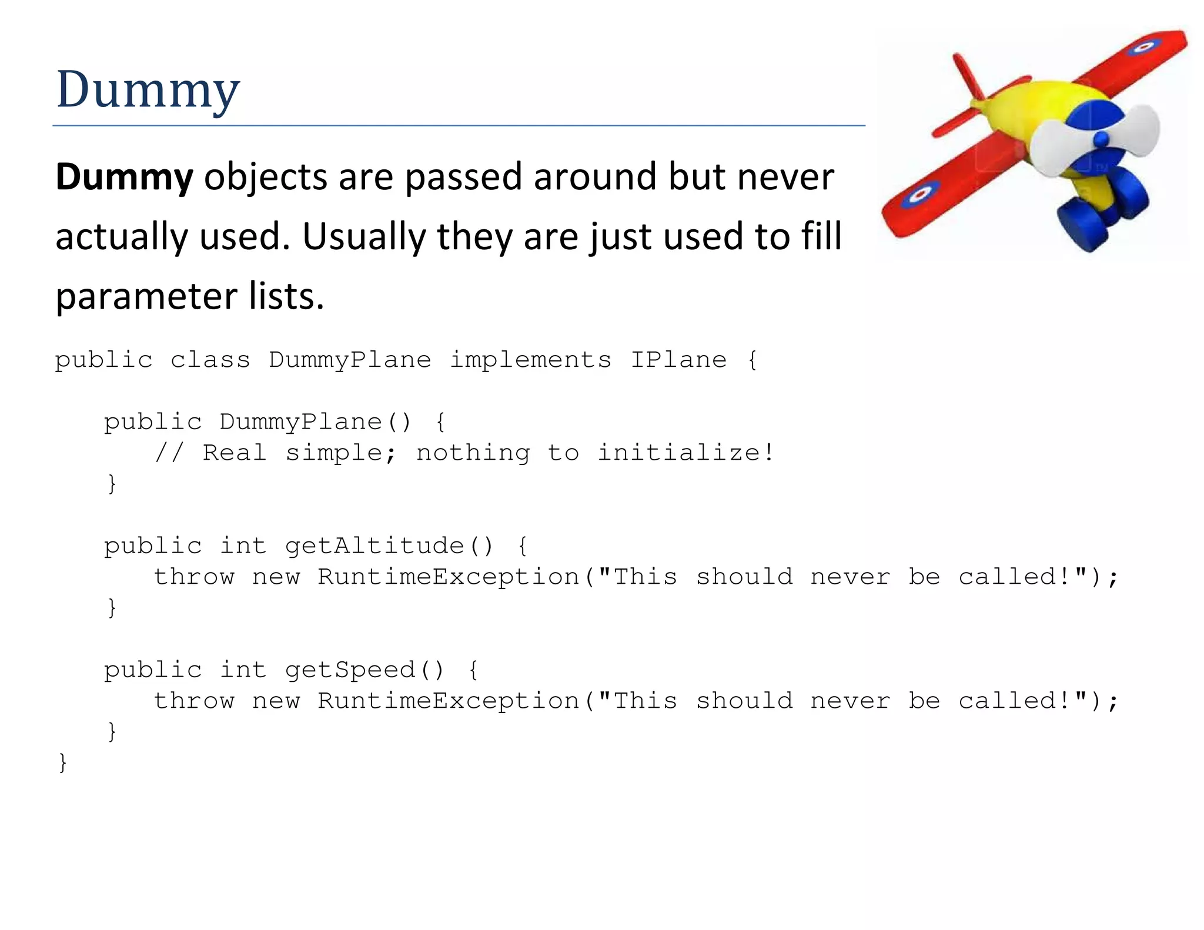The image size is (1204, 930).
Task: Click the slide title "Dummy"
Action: click(x=148, y=89)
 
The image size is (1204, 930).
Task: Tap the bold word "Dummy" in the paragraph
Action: click(x=124, y=177)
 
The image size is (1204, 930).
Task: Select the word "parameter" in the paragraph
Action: click(x=145, y=297)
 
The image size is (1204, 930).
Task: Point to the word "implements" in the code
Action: click(x=530, y=360)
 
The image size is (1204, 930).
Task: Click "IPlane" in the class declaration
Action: click(x=678, y=360)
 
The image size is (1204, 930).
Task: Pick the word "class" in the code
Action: click(x=210, y=360)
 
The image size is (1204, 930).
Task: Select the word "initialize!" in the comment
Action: click(x=685, y=453)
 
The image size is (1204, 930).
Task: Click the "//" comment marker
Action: click(x=169, y=453)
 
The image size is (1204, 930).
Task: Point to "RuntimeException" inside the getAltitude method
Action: click(x=449, y=577)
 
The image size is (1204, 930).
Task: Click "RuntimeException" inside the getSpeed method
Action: click(x=449, y=701)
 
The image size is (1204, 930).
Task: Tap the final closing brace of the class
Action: click(x=63, y=762)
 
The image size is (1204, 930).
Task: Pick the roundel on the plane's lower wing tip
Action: click(x=921, y=195)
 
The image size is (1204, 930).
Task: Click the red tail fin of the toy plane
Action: click(x=967, y=76)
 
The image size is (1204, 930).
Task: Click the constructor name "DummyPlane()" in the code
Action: click(x=315, y=422)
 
